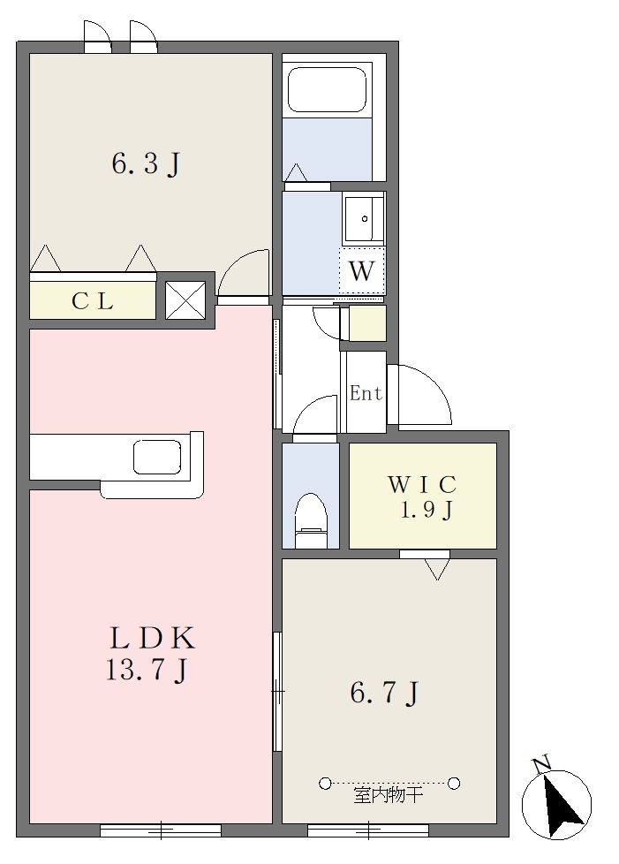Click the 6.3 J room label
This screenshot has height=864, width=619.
click(x=146, y=163)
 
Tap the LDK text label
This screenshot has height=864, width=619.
click(x=153, y=638)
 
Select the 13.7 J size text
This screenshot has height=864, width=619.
click(x=147, y=671)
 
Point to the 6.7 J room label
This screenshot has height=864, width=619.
click(x=384, y=693)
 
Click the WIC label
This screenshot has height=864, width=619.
click(x=422, y=484)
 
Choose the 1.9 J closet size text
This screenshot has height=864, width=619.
click(x=427, y=510)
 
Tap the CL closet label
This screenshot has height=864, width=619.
click(x=93, y=301)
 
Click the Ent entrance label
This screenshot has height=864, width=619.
click(x=366, y=393)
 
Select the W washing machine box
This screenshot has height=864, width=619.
click(x=361, y=270)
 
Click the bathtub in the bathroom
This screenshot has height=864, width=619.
click(x=327, y=90)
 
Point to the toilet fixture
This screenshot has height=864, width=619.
click(x=311, y=520)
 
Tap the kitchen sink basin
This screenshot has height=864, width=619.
click(x=157, y=457)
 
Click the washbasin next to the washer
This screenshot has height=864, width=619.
click(x=363, y=219)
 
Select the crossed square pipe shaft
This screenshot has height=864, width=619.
click(x=185, y=300)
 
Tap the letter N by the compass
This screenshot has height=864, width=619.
click(x=542, y=764)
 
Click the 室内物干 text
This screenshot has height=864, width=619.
click(x=389, y=796)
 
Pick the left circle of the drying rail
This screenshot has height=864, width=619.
click(x=325, y=783)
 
